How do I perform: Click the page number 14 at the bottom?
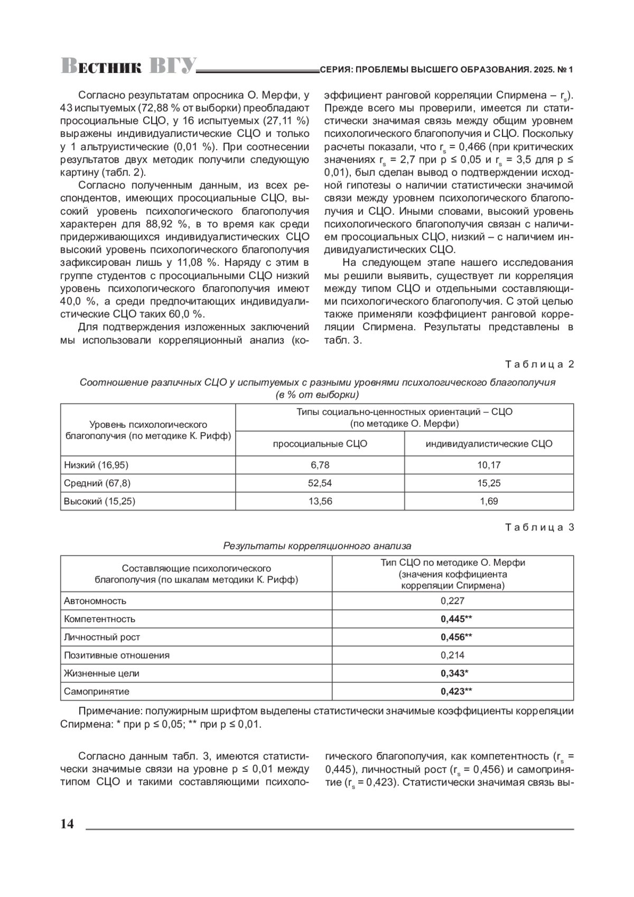(x=68, y=824)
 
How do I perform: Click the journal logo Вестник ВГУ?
(x=128, y=66)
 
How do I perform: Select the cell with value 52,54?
(x=320, y=483)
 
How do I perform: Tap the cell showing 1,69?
(x=489, y=501)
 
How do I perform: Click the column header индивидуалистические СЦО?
(x=489, y=444)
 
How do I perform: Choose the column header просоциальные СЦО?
(x=320, y=444)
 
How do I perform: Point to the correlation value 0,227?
(x=452, y=600)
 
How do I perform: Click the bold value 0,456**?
(x=456, y=637)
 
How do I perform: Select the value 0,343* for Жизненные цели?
(x=454, y=673)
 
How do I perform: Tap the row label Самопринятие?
(x=97, y=691)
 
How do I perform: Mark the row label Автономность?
(x=95, y=600)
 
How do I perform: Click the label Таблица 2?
(x=539, y=364)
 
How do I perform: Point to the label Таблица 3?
(x=539, y=528)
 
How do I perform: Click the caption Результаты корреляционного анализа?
(x=317, y=545)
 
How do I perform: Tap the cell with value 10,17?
(x=489, y=465)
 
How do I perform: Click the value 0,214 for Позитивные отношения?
(x=452, y=655)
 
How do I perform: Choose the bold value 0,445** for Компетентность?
(x=456, y=619)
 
